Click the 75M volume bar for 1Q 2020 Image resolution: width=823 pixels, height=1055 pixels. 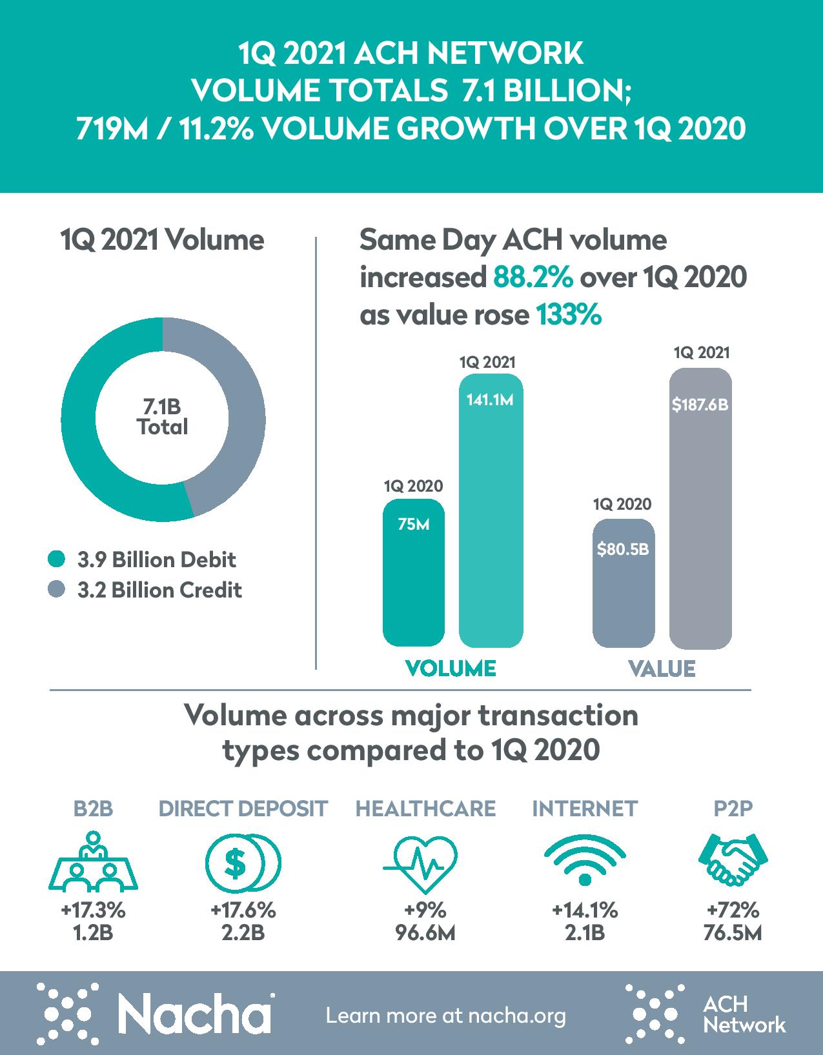413,574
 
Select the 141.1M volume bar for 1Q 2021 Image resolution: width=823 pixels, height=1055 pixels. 491,516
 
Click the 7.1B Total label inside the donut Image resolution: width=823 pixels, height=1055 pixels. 162,417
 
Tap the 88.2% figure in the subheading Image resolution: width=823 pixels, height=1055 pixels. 533,278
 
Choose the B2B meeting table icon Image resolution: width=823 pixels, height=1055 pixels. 94,861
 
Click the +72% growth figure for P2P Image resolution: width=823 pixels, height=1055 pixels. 733,910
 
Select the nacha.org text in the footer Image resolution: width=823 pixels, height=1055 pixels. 516,1016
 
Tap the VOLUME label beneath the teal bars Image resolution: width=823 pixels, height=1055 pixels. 451,668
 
